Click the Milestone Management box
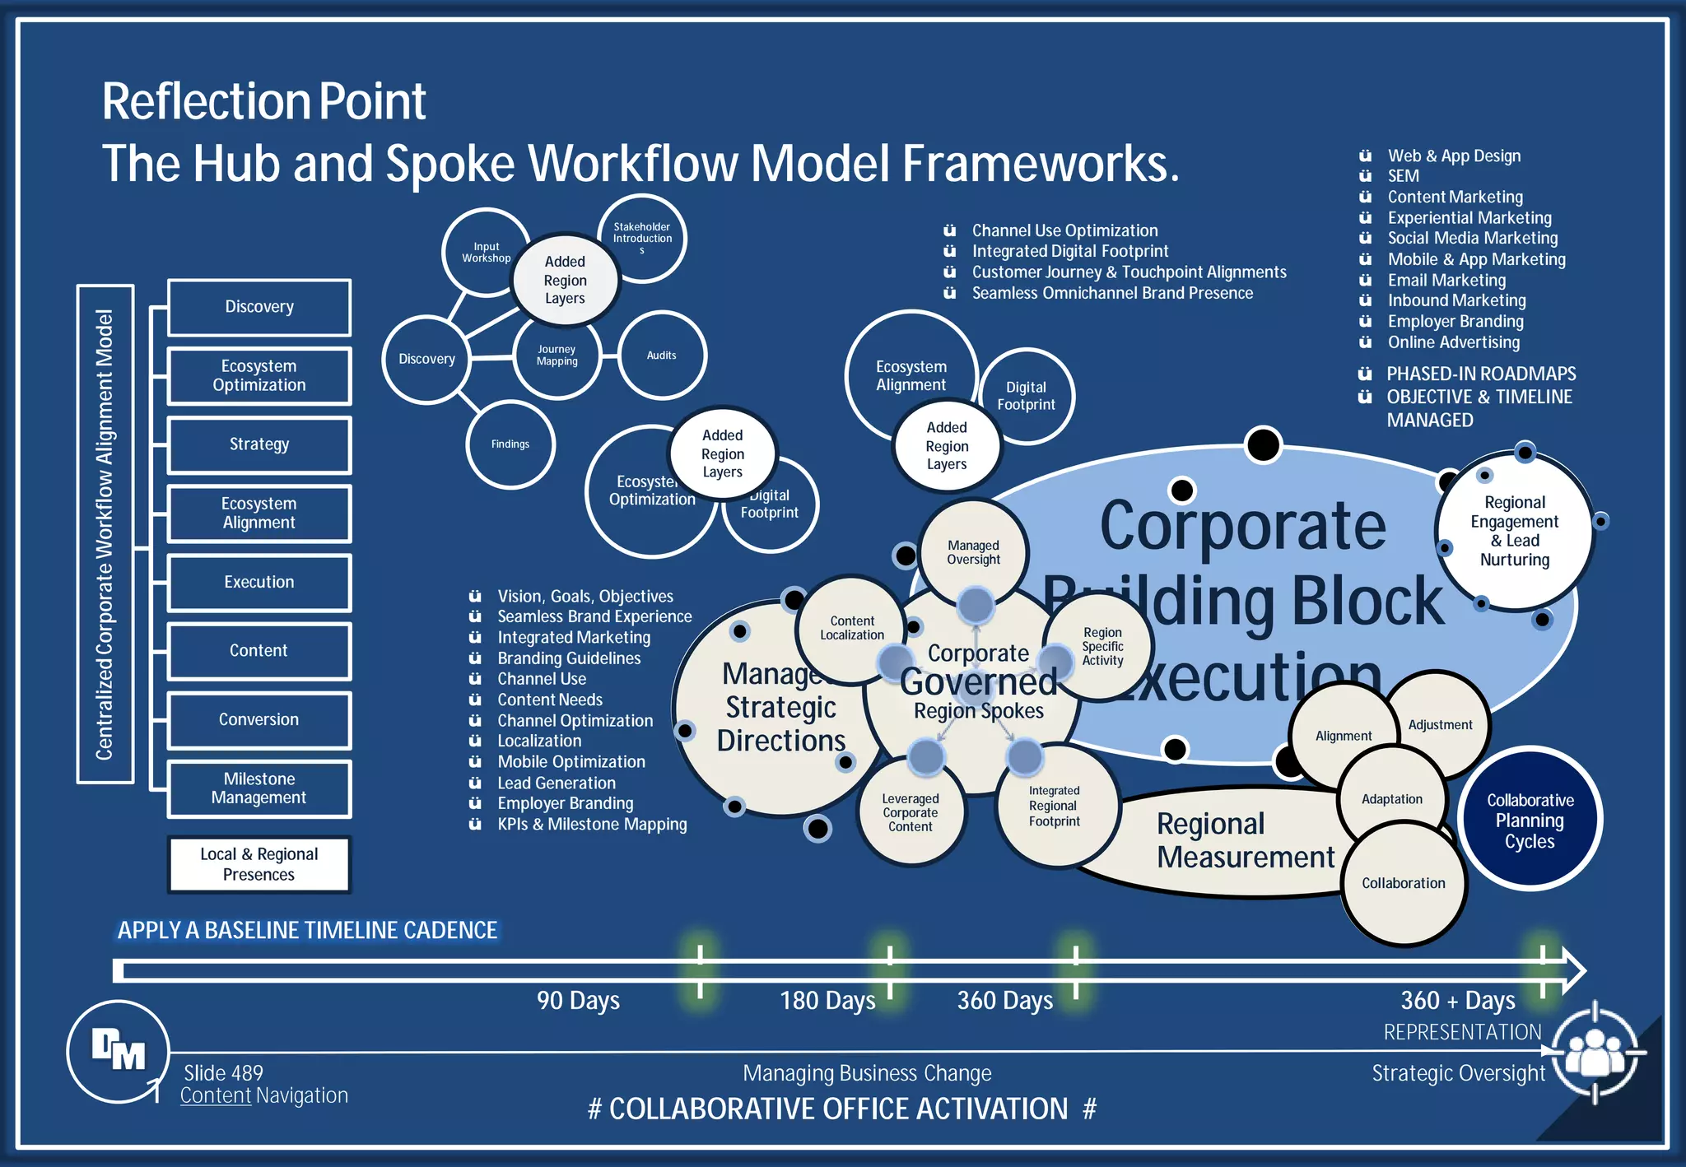point(258,788)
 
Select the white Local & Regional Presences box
point(258,864)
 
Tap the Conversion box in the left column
point(258,719)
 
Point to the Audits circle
point(662,356)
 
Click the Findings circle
point(510,444)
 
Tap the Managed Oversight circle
point(973,551)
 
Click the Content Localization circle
point(851,628)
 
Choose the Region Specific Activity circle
point(1102,646)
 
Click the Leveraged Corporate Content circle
point(910,813)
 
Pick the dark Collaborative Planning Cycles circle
point(1530,820)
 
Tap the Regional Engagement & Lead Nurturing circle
point(1514,531)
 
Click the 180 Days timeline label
point(827,1001)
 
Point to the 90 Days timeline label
point(578,1001)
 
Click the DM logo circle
point(119,1051)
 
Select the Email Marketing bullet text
point(1446,280)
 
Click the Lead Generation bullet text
point(557,783)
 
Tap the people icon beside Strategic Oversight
point(1595,1053)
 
